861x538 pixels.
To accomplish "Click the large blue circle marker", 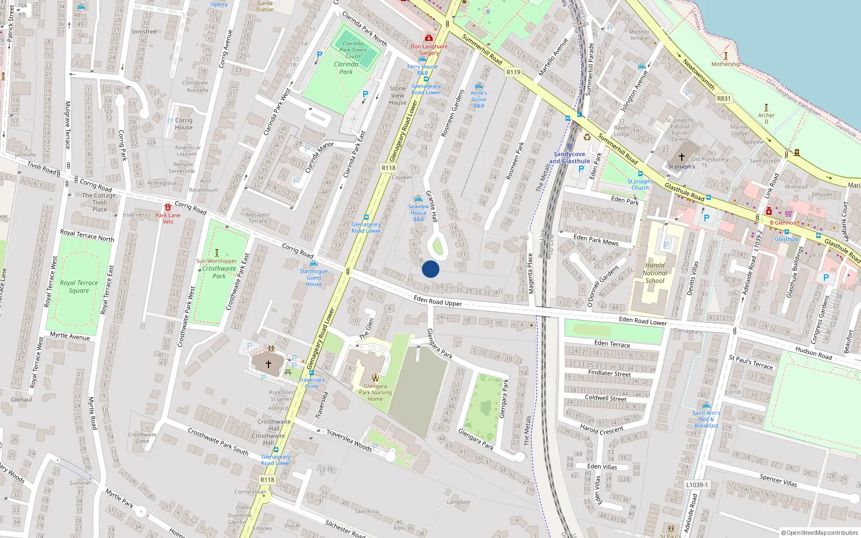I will (430, 269).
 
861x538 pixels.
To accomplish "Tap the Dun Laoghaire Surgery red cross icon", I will (429, 38).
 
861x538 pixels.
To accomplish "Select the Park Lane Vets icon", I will (168, 207).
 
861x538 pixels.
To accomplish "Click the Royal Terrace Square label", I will (79, 286).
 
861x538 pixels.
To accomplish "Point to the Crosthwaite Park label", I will (219, 272).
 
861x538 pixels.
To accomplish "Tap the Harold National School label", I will (655, 273).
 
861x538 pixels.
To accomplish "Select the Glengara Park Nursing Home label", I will (375, 392).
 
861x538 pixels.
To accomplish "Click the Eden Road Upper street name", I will (437, 301).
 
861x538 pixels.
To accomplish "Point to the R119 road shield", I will (513, 72).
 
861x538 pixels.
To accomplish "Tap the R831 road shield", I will (724, 98).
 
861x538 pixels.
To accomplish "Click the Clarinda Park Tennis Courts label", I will (353, 50).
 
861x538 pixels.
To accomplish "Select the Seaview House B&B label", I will (419, 213).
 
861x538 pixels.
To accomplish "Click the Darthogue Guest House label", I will (314, 278).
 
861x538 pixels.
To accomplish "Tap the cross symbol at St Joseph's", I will (681, 157).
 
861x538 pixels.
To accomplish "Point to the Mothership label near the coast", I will (725, 64).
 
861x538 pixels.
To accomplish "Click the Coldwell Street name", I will (605, 398).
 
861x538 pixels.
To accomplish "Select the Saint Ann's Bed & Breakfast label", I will (706, 419).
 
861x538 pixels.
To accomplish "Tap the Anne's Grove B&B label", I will (478, 99).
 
